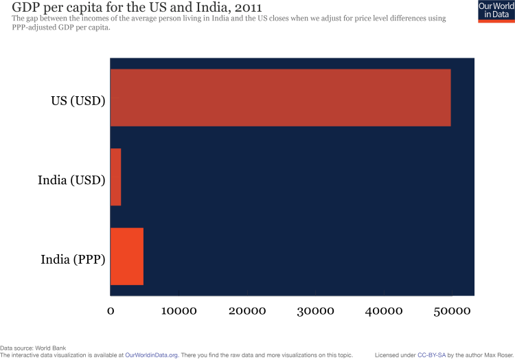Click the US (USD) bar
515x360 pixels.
(280, 98)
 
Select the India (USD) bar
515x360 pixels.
(115, 177)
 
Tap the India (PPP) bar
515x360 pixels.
(127, 256)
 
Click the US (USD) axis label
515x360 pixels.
(78, 100)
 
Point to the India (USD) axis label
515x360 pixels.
(71, 180)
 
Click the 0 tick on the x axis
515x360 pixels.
(111, 311)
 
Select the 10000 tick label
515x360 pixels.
(179, 311)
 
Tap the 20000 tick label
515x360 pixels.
(247, 311)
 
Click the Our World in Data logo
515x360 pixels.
(495, 11)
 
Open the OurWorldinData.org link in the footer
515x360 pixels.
(151, 355)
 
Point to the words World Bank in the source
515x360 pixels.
(51, 348)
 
